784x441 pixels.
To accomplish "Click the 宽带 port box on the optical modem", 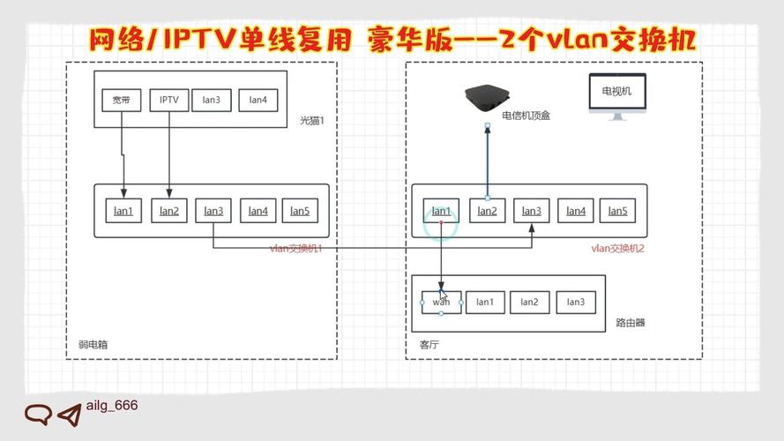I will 121,100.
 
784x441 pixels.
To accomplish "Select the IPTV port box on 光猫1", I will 168,100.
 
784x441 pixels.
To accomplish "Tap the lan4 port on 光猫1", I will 258,100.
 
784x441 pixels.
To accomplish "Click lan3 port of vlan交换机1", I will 213,211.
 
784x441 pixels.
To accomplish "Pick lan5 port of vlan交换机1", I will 300,211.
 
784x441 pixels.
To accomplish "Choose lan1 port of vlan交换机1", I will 123,211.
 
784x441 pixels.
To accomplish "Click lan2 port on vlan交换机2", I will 487,211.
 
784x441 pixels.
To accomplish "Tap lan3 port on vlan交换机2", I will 531,211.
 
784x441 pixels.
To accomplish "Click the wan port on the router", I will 441,302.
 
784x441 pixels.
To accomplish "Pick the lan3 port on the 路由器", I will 575,302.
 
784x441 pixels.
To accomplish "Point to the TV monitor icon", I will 623,97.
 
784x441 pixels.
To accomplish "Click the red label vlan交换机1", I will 295,249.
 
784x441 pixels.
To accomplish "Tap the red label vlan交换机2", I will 617,249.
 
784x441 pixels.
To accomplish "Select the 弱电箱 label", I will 92,345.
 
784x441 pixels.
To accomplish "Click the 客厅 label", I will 428,345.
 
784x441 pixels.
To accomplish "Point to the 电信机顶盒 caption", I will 526,116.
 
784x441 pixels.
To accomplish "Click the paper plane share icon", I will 68,415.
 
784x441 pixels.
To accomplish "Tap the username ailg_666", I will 112,406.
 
